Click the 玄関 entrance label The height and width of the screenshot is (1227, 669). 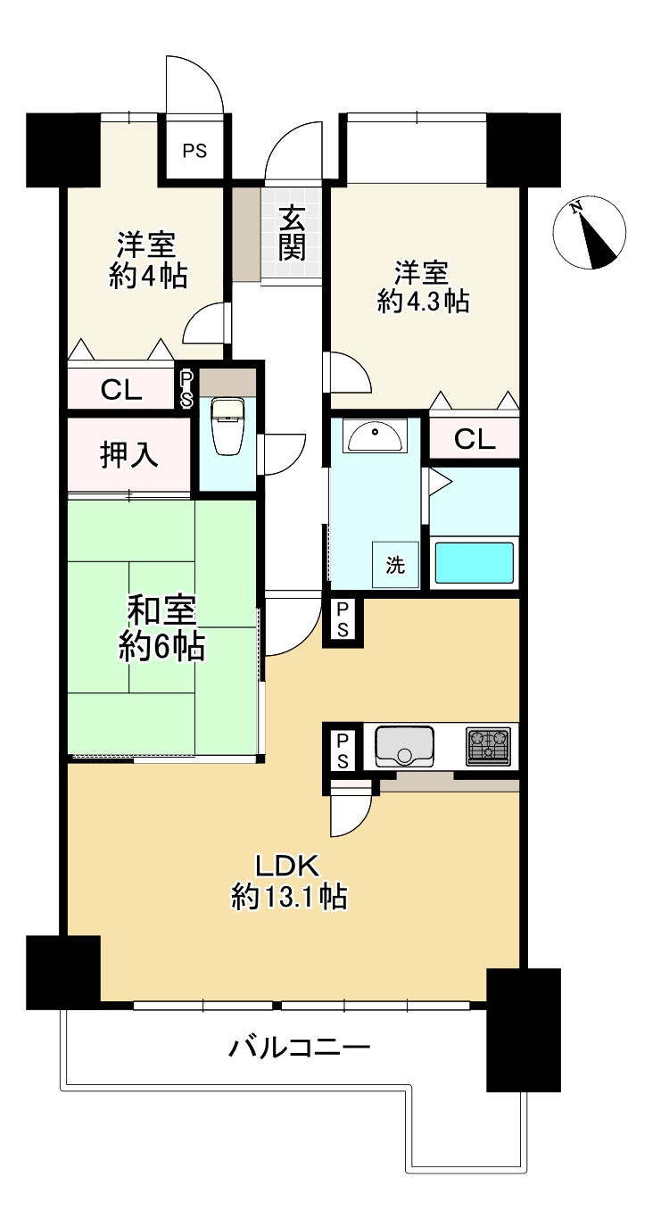292,234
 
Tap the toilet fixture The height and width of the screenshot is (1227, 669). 227,427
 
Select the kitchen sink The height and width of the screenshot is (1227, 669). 404,746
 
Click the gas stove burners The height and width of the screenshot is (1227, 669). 488,746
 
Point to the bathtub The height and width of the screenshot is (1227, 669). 475,562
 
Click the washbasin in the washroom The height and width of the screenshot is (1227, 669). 376,435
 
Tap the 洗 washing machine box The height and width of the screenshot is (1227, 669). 395,564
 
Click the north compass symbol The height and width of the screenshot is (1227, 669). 589,232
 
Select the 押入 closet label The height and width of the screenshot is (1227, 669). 129,454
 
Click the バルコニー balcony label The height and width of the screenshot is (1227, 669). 300,1049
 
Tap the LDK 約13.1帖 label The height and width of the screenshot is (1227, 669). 288,880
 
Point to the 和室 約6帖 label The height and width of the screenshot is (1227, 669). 162,629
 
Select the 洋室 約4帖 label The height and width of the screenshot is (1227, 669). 148,260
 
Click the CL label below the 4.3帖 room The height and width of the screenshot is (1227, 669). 475,438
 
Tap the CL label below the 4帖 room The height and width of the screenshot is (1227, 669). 121,390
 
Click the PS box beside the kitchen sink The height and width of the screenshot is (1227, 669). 343,751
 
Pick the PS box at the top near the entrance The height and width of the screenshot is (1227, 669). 194,150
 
